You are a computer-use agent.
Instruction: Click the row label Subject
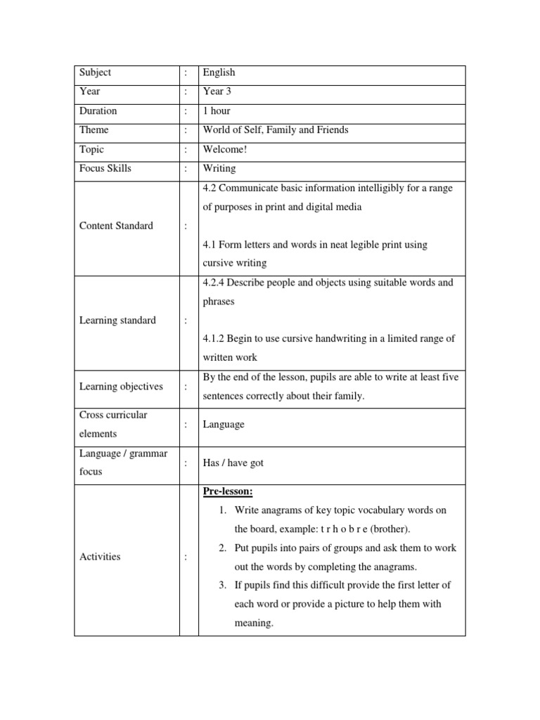tap(95, 72)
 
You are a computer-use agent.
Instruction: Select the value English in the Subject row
tap(219, 72)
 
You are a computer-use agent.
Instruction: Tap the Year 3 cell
tap(218, 91)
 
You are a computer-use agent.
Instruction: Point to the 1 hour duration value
tap(217, 111)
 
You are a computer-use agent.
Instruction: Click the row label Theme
tap(94, 130)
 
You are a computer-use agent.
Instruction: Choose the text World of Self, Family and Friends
tap(275, 130)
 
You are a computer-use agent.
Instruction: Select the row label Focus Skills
tap(105, 169)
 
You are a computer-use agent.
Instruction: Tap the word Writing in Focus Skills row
tap(219, 169)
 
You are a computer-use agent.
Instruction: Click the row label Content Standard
tap(116, 226)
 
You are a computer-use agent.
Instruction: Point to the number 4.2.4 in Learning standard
tap(214, 283)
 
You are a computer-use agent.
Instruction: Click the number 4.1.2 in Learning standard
tap(214, 339)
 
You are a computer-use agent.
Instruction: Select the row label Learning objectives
tap(121, 387)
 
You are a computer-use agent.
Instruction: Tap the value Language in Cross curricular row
tap(224, 425)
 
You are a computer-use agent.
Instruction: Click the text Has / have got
tap(233, 463)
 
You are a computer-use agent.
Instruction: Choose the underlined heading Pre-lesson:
tap(227, 491)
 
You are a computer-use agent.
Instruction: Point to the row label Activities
tap(100, 557)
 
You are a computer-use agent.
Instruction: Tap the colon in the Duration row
tap(186, 111)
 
